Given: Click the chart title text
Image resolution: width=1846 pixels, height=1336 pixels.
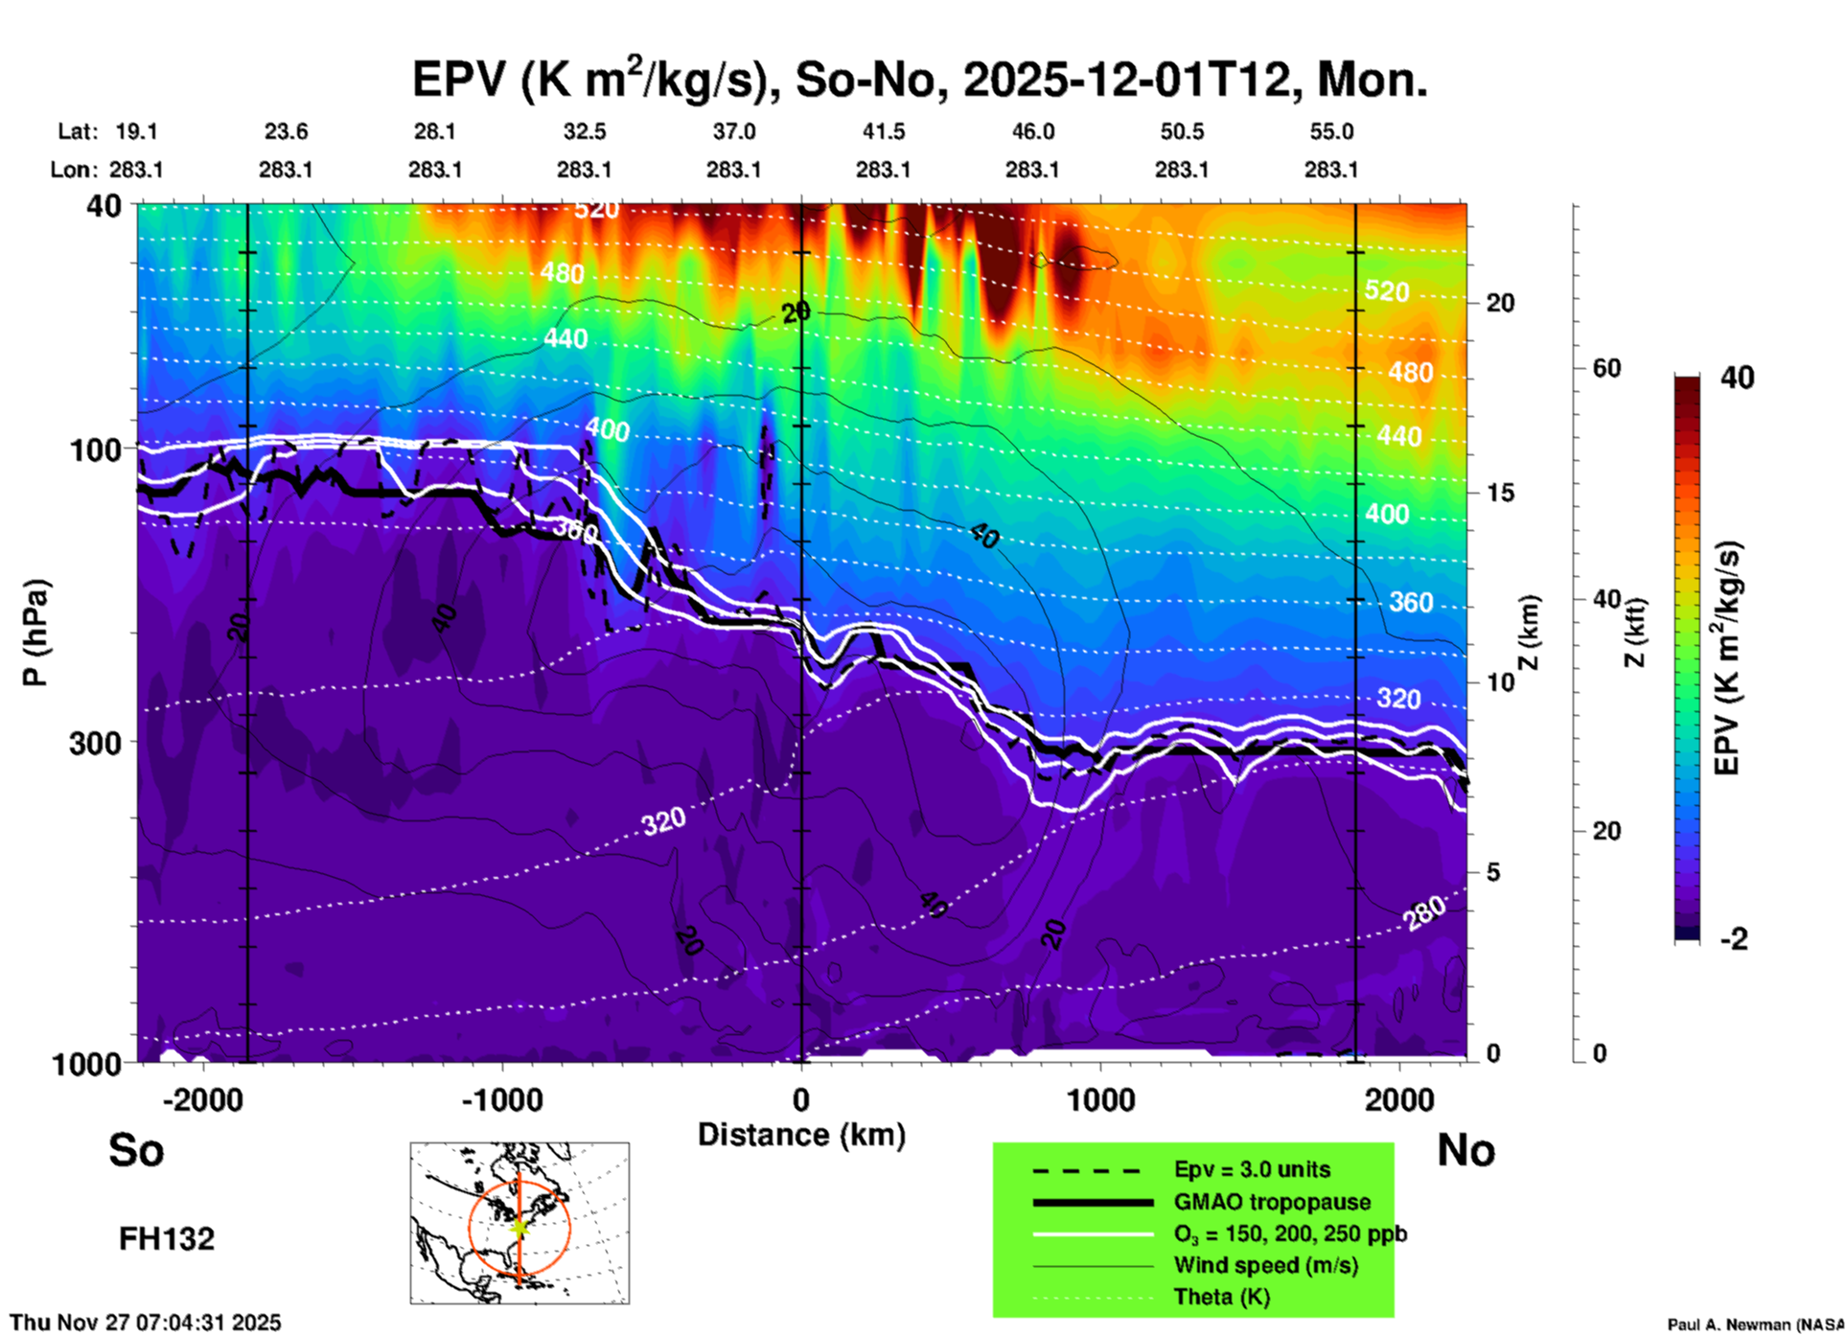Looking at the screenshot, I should tap(919, 79).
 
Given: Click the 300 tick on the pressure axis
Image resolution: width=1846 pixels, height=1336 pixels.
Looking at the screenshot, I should tap(95, 743).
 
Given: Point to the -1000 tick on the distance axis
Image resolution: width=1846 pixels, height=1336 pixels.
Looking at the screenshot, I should tap(501, 1099).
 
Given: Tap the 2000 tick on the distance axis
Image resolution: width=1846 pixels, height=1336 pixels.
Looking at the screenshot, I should tap(1399, 1099).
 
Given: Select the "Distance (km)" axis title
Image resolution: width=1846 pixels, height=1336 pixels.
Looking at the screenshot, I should tap(801, 1135).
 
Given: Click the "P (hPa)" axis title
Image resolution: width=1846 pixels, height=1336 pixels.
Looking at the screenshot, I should tap(35, 633).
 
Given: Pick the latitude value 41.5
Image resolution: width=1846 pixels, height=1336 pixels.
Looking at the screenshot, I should tap(883, 131).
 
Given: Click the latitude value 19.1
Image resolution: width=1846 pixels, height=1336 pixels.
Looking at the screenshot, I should tap(136, 131).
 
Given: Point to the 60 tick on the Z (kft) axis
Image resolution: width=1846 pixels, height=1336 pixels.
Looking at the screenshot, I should tap(1606, 369).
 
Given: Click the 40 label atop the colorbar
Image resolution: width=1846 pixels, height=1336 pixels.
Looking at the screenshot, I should tap(1737, 378).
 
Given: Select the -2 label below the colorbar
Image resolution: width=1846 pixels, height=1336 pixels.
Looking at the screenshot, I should tap(1734, 939).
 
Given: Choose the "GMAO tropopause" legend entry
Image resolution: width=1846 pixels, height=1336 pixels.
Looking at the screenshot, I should tap(1272, 1202).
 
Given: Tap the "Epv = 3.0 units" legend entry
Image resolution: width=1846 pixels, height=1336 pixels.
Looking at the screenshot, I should tap(1252, 1169).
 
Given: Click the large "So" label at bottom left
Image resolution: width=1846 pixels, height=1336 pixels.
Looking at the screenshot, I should tap(136, 1150).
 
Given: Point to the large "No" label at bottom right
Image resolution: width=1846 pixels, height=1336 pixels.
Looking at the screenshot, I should tap(1465, 1150).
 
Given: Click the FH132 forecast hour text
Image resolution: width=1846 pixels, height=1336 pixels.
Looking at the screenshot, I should tap(167, 1239).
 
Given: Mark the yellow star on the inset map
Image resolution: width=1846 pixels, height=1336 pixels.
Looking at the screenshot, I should tap(519, 1226).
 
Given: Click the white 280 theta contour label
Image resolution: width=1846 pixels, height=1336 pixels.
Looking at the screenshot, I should tap(1425, 913).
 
